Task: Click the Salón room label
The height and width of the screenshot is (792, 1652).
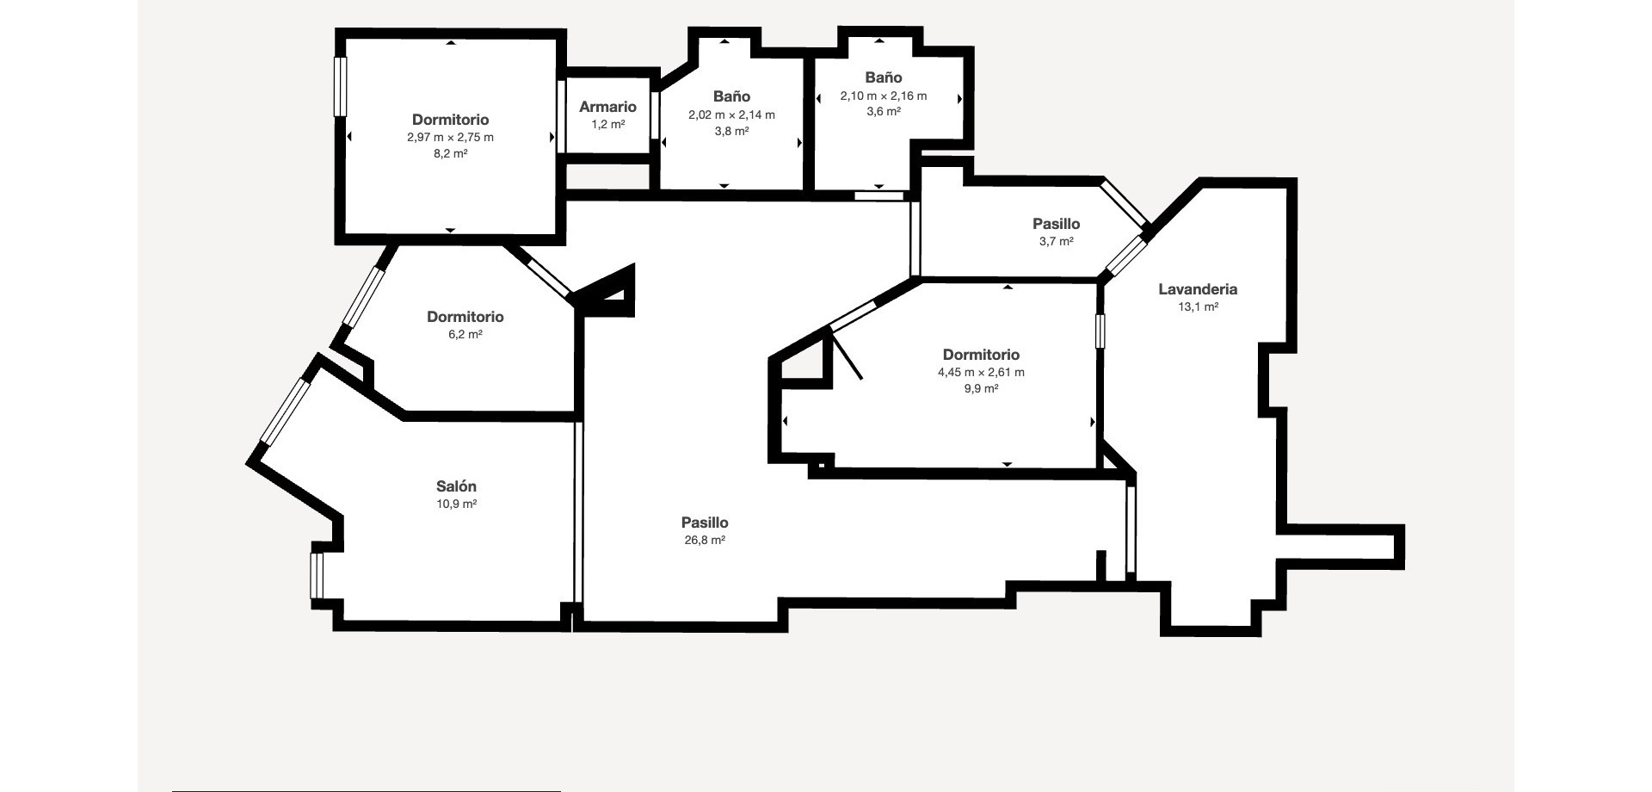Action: pyautogui.click(x=456, y=486)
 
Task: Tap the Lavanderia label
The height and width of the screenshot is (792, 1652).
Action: pyautogui.click(x=1198, y=289)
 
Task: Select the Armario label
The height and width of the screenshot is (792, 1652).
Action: pyautogui.click(x=607, y=107)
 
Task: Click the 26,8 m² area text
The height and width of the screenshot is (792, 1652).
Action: pyautogui.click(x=705, y=541)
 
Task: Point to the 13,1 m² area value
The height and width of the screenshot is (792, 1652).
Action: pyautogui.click(x=1198, y=307)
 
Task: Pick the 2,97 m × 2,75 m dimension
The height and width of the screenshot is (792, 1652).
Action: pyautogui.click(x=450, y=138)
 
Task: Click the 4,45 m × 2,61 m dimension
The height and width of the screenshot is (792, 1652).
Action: pyautogui.click(x=981, y=373)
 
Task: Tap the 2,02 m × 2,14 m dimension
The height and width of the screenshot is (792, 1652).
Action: pyautogui.click(x=731, y=115)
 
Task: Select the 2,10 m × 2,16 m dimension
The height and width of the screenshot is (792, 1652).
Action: pyautogui.click(x=884, y=96)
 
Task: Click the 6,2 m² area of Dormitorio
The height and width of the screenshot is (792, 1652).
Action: pyautogui.click(x=465, y=335)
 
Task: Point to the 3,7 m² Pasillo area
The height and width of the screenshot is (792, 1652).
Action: pyautogui.click(x=1056, y=242)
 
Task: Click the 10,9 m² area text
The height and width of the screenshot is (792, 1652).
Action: pyautogui.click(x=456, y=504)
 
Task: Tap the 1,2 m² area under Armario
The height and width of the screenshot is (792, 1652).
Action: pyautogui.click(x=607, y=125)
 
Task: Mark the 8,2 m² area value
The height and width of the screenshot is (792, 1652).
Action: pyautogui.click(x=450, y=155)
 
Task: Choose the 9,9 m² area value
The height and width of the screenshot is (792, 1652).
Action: pyautogui.click(x=981, y=389)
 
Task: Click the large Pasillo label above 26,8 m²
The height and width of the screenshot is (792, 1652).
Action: pyautogui.click(x=705, y=523)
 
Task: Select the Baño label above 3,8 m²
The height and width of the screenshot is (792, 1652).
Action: pyautogui.click(x=731, y=96)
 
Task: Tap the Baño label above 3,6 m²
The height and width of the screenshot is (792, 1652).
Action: pyautogui.click(x=884, y=77)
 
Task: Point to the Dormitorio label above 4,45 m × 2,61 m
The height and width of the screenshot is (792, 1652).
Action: pyautogui.click(x=981, y=355)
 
